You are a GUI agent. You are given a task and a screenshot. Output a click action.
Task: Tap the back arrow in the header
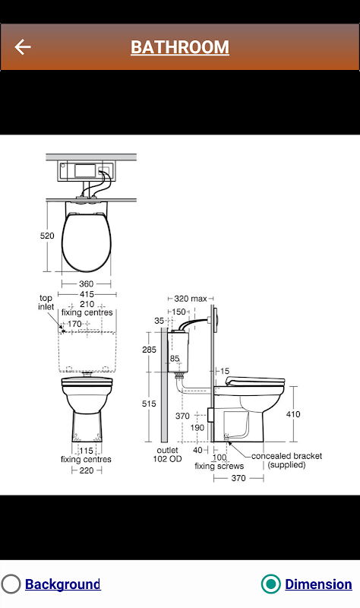point(23,47)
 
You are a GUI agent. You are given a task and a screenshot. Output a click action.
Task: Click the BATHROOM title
point(180,47)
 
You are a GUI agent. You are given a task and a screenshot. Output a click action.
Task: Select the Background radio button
point(11,584)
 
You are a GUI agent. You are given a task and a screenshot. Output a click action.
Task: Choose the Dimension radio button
point(270,584)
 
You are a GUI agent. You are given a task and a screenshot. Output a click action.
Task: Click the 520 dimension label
point(47,236)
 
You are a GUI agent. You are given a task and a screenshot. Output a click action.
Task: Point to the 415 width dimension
point(87,294)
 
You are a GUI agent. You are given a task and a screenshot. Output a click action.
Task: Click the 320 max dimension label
point(191,299)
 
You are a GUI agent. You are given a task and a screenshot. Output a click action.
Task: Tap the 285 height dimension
point(149,350)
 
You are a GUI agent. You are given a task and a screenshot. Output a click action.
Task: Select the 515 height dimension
point(149,404)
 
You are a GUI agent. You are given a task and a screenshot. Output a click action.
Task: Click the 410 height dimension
point(293,414)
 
